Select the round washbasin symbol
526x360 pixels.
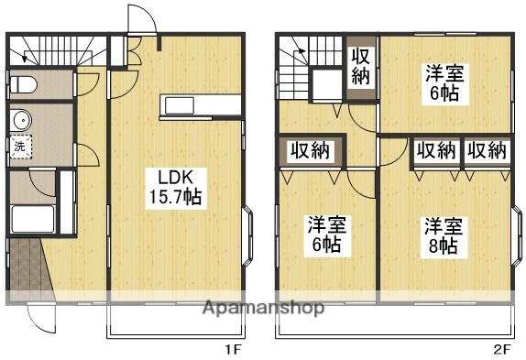(19, 119)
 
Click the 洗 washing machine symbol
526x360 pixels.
(19, 145)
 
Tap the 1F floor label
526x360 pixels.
(232, 349)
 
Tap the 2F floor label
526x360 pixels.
(501, 349)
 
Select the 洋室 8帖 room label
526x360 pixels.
(441, 235)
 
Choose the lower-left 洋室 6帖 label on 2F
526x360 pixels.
(324, 233)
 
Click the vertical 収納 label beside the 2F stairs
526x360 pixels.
(360, 66)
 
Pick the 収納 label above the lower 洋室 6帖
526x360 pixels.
(311, 150)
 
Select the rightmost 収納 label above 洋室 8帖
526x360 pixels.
(485, 150)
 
